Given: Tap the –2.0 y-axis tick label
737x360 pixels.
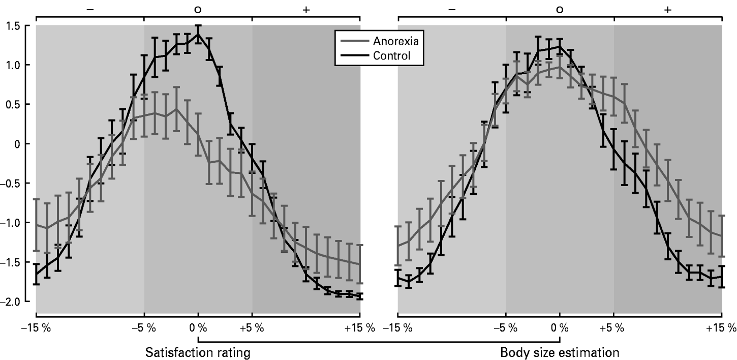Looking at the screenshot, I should pos(14,302).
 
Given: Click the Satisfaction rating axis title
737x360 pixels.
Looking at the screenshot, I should pos(198,352).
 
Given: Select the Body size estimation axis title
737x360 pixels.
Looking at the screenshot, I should pos(559,352).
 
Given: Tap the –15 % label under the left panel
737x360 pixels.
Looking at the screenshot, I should pos(36,328).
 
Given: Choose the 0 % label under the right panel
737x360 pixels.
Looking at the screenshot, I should pos(560,328).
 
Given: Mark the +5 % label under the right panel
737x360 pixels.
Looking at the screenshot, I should pos(613,328).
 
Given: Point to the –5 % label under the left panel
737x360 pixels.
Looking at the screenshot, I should pos(144,328).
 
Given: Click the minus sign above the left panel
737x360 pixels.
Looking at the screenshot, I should pos(90,10).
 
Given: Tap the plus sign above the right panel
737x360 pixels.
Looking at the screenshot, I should pos(667,10).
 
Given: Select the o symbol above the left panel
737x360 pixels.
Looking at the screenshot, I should pos(198,10).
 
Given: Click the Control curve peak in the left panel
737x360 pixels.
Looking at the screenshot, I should pos(198,34).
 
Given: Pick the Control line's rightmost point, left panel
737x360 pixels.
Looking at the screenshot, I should pos(360,296).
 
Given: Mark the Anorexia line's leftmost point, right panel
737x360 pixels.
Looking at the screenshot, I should pos(398,246).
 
